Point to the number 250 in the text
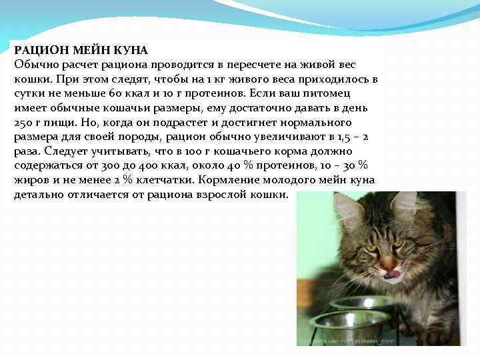23,123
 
